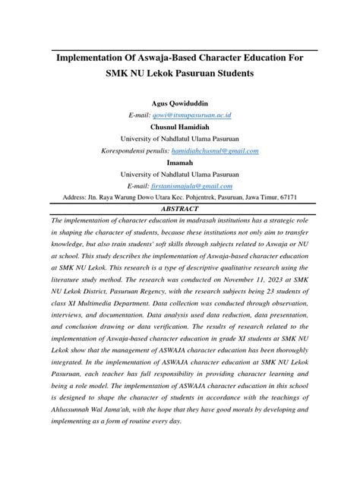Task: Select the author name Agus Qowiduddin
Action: pyautogui.click(x=180, y=103)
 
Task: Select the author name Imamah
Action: pyautogui.click(x=180, y=162)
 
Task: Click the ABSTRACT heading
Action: pyautogui.click(x=180, y=208)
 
